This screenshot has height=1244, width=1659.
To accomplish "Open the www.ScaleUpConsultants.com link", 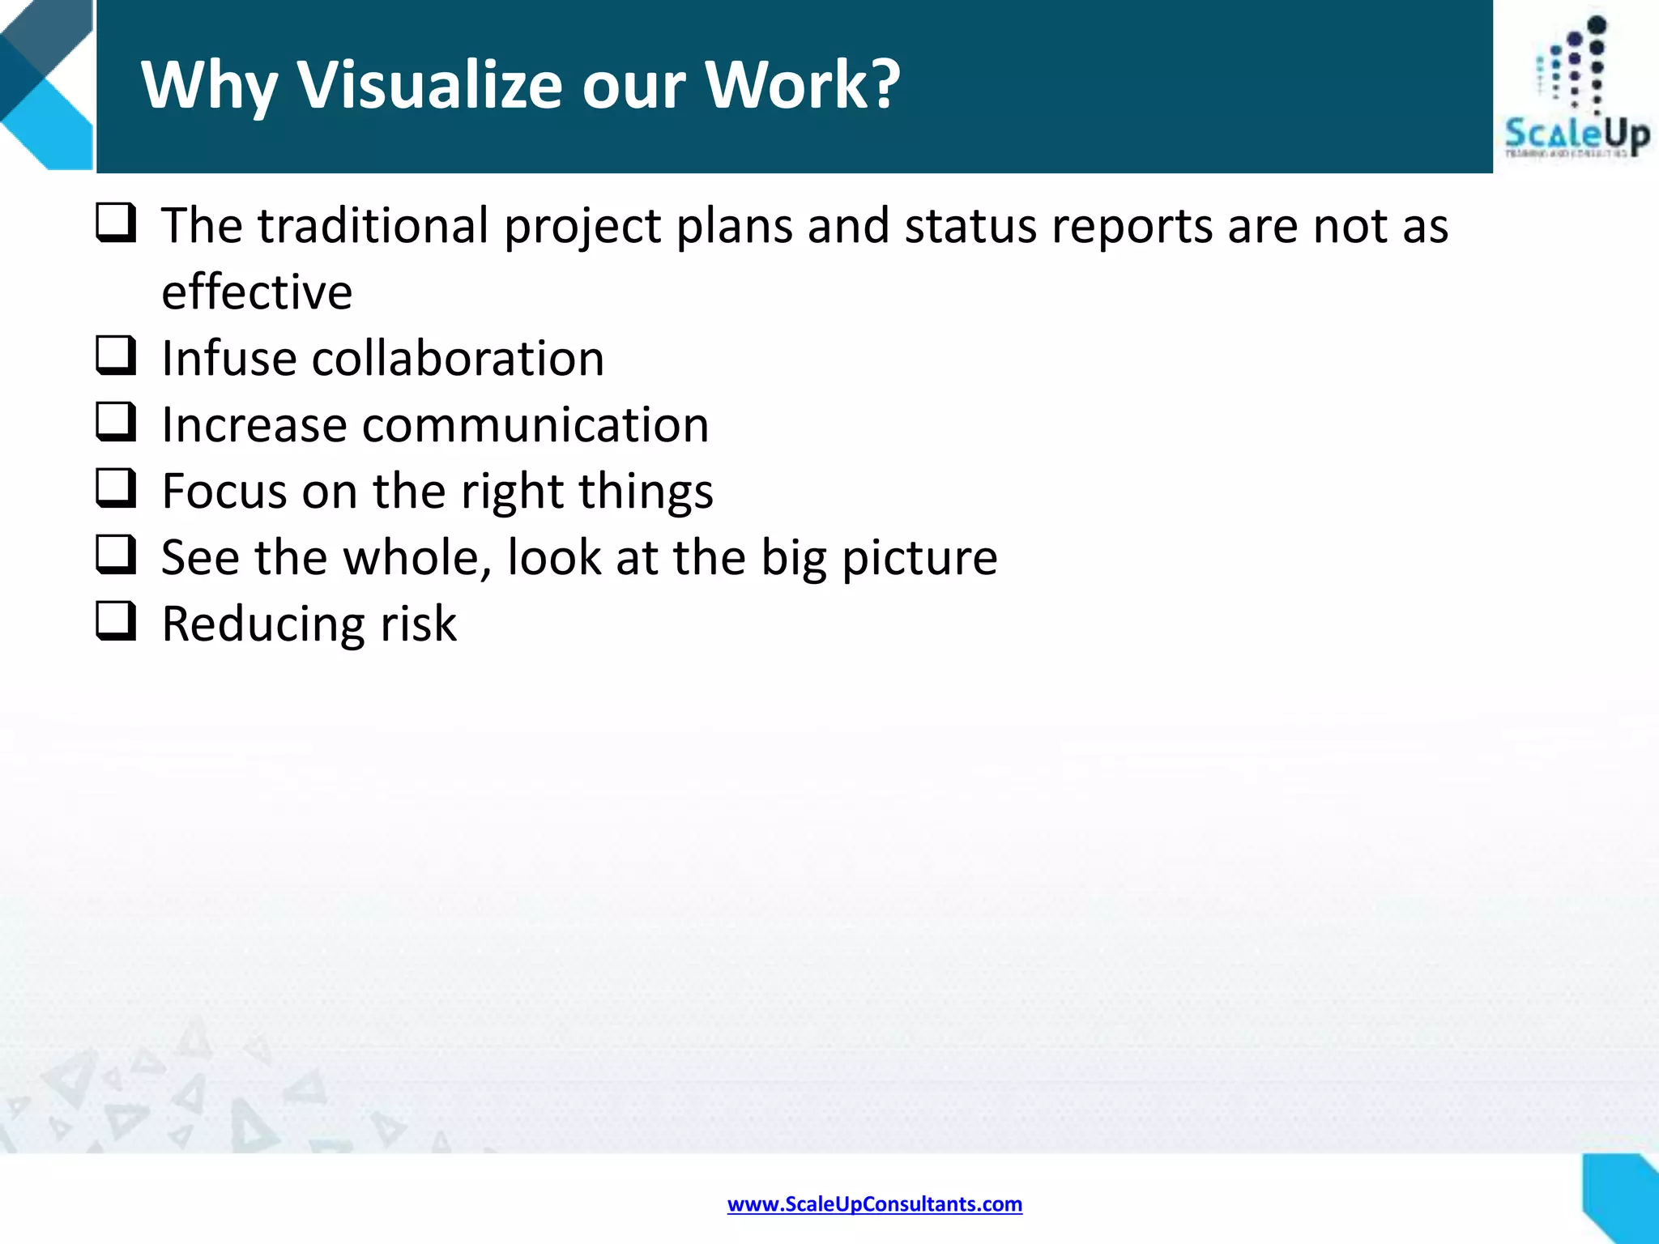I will coord(874,1204).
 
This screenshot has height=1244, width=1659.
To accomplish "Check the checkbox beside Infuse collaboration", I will coord(116,356).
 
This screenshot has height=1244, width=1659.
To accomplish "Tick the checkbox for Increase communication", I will coord(116,422).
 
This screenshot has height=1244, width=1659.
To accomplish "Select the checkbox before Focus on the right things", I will coord(116,488).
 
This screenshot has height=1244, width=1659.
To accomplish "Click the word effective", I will coord(257,292).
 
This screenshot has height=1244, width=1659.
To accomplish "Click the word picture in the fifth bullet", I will coord(919,559).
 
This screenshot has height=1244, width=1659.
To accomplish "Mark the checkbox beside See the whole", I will coord(116,555).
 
